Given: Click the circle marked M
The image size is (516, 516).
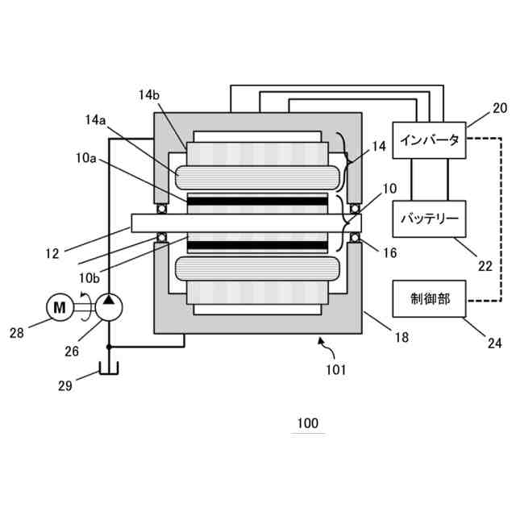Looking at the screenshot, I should pyautogui.click(x=58, y=306).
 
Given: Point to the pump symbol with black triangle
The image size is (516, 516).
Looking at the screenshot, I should pyautogui.click(x=110, y=306).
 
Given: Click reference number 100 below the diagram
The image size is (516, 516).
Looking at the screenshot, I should pyautogui.click(x=307, y=422).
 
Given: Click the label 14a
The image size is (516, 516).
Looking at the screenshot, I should pyautogui.click(x=97, y=121).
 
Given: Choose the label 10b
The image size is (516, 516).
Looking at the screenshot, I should pyautogui.click(x=90, y=277).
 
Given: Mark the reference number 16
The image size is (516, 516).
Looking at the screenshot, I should pyautogui.click(x=389, y=252).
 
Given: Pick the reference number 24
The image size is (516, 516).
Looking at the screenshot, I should pyautogui.click(x=494, y=343).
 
